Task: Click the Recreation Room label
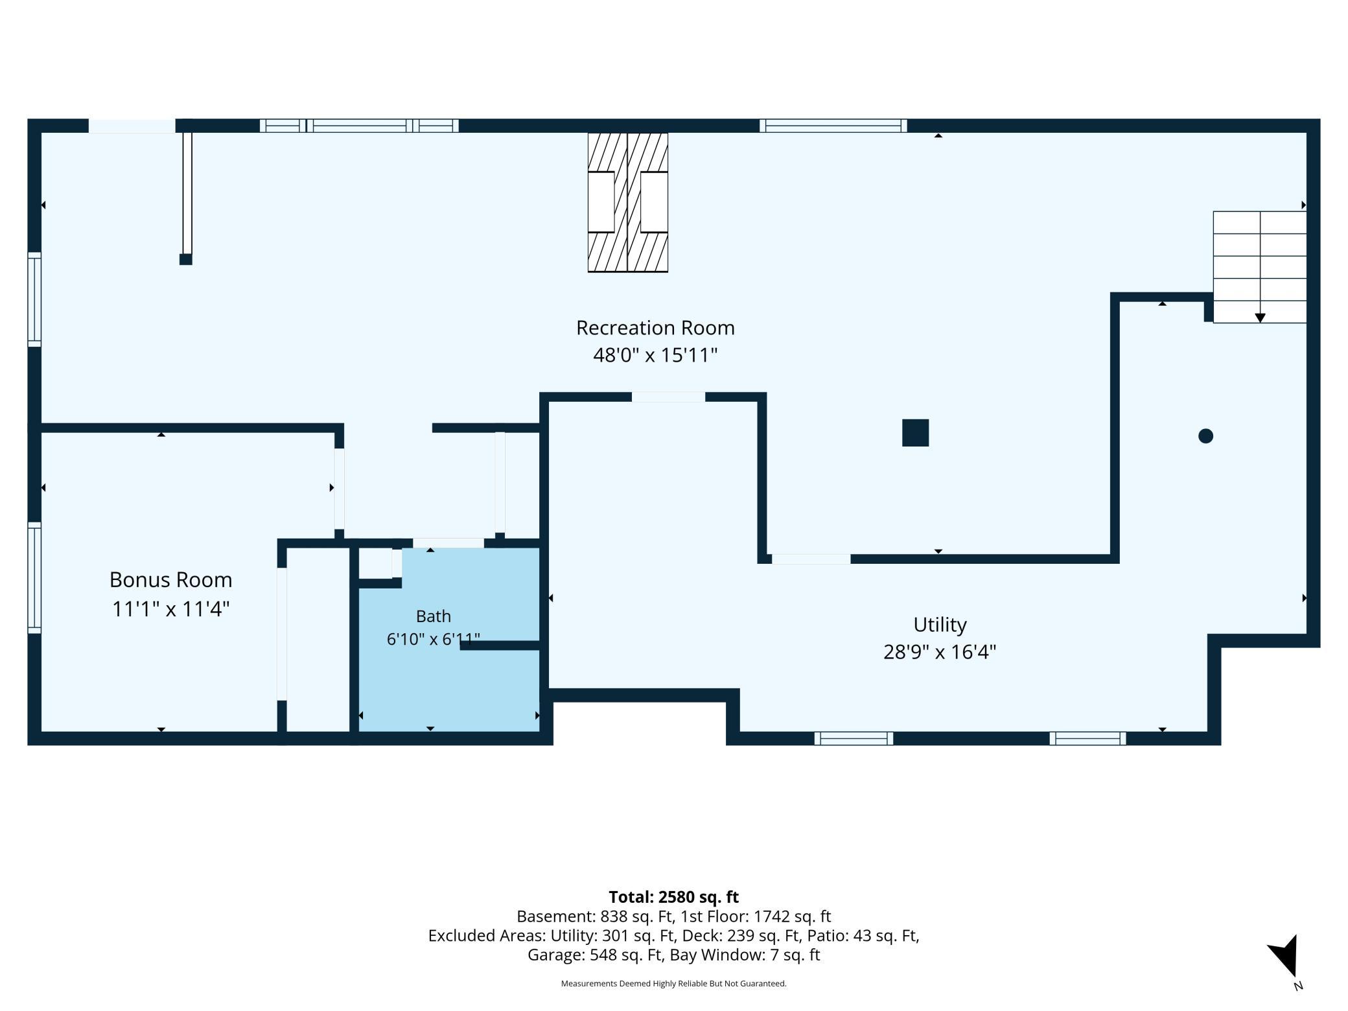point(655,328)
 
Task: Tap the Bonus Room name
point(170,579)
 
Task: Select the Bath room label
point(433,616)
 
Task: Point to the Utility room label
point(940,625)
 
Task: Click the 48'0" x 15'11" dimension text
point(655,355)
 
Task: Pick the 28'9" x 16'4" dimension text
point(940,651)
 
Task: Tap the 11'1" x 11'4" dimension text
point(170,609)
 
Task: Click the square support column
point(915,433)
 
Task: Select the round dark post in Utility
point(1205,436)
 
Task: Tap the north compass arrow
point(1284,957)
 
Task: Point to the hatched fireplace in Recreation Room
point(627,202)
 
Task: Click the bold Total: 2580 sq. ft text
point(673,897)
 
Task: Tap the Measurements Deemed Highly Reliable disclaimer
point(673,984)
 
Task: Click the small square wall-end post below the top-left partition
point(186,259)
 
